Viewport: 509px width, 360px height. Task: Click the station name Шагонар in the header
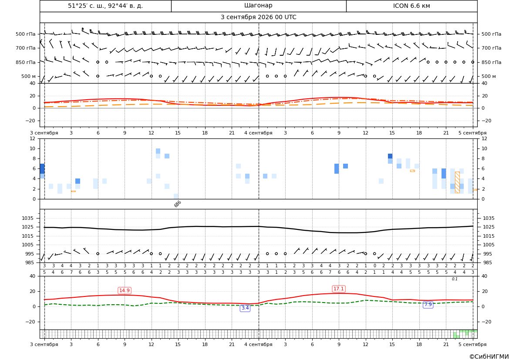(258, 6)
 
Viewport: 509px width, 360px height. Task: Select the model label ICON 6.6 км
(411, 6)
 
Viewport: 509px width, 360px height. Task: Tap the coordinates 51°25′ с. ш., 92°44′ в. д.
(105, 6)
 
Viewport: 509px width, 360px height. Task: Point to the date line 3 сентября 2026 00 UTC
(258, 17)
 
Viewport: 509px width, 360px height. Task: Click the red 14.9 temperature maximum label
(125, 290)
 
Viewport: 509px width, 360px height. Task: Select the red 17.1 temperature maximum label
(339, 289)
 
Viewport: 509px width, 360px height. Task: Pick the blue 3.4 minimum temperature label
(245, 308)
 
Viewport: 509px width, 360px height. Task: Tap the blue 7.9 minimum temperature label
(428, 304)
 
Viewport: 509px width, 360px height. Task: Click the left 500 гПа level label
(26, 34)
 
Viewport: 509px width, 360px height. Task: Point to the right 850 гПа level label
(492, 62)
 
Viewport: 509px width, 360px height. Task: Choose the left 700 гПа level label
(26, 48)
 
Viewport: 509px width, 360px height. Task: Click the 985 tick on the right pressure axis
(487, 262)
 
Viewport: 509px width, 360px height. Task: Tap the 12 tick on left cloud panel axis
(33, 138)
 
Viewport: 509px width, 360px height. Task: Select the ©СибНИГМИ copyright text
(489, 357)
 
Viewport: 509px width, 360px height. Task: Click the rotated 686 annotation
(178, 204)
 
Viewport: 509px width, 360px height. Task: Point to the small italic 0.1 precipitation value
(455, 279)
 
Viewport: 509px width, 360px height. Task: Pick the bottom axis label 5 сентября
(472, 344)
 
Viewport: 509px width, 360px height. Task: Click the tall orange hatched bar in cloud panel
(457, 182)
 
